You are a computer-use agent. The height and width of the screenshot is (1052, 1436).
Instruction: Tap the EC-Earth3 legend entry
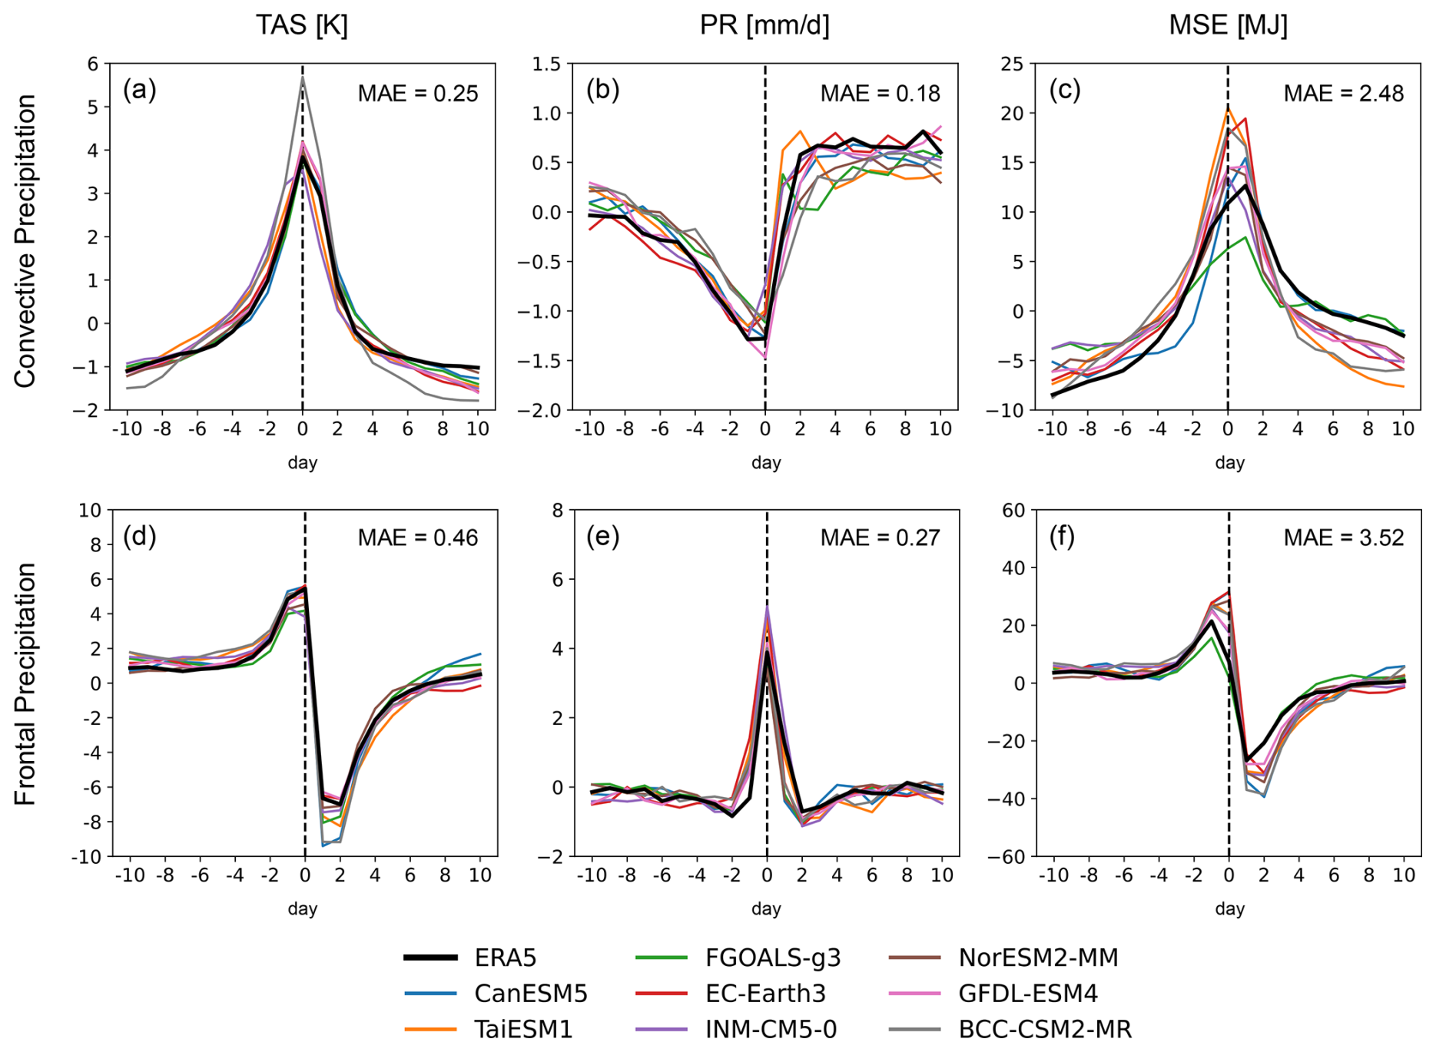765,994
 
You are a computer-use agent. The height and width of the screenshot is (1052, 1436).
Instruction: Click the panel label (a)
139,90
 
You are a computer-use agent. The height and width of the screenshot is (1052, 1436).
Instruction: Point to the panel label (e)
602,536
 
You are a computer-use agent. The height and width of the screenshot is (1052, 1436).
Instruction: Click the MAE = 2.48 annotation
1343,94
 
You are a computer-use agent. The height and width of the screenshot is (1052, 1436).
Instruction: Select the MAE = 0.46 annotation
418,538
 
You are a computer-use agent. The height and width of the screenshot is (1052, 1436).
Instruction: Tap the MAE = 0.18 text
880,94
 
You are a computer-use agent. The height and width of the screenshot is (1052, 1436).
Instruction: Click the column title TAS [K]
302,25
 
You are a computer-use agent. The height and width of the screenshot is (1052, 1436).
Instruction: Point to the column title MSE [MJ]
1228,25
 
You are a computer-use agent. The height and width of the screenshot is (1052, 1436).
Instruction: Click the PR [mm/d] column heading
764,25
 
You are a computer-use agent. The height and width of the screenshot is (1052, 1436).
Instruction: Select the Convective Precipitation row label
25,240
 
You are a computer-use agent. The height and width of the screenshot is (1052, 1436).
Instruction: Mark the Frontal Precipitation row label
25,683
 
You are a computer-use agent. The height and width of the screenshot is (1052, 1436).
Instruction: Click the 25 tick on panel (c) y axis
1013,64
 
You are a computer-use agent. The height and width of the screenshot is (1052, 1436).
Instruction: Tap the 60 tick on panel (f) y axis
1013,510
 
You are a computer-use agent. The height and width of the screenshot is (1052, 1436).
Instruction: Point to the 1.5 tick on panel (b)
547,64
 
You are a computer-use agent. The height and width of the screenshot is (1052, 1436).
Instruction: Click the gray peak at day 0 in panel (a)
303,77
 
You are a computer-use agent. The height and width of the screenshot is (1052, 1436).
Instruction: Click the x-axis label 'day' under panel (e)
766,908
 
